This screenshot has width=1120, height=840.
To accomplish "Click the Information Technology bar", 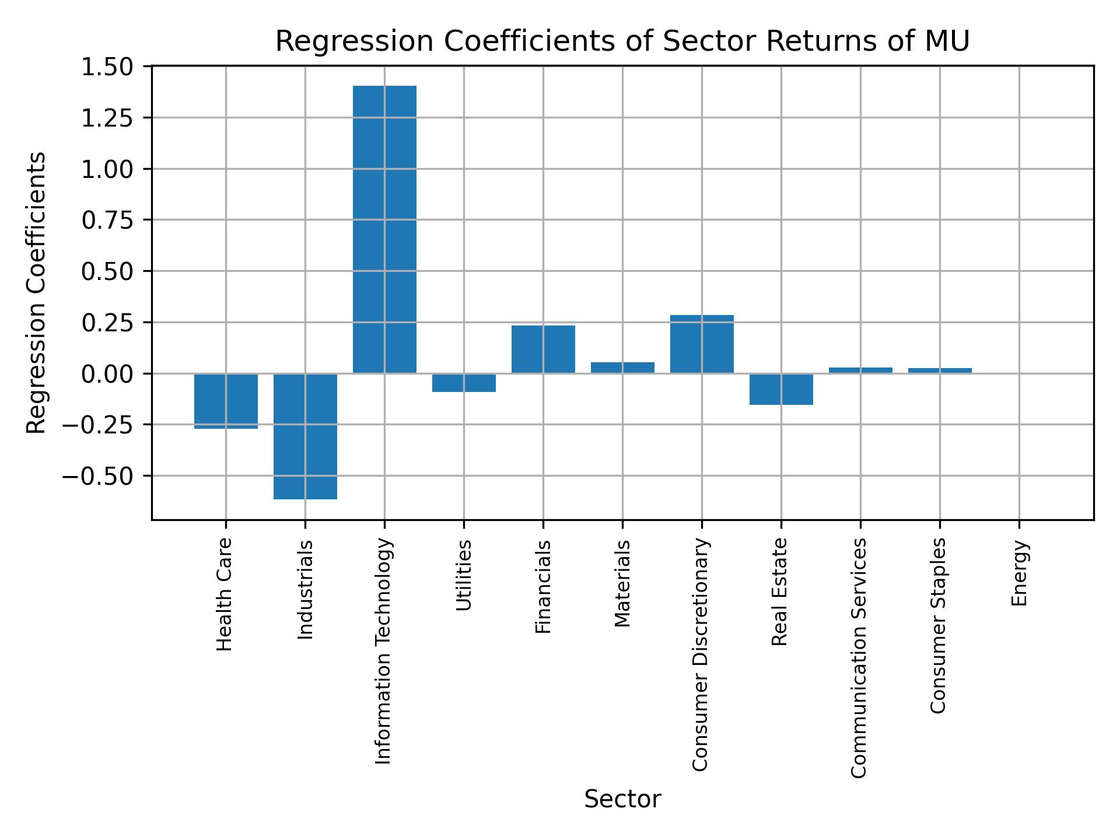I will pos(384,229).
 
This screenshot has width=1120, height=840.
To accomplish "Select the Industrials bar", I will pos(305,436).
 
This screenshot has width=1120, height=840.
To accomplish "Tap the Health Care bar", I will pos(226,401).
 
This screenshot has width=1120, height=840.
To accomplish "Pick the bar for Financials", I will pos(543,349).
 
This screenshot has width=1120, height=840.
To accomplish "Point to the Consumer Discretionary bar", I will pos(702,344).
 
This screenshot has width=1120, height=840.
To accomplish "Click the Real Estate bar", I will pos(781,388).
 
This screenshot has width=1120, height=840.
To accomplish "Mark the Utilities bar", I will pos(464,383).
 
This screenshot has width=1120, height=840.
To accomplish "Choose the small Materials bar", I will pos(622,367).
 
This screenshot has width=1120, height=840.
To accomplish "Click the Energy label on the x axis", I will pos(1019,573).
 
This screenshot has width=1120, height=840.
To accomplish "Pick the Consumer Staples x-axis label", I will pos(938,625).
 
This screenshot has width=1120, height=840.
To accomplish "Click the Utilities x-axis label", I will pos(464,575).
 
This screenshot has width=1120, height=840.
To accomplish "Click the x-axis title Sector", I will pos(622,799).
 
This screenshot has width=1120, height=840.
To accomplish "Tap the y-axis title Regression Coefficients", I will pos(36,293).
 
